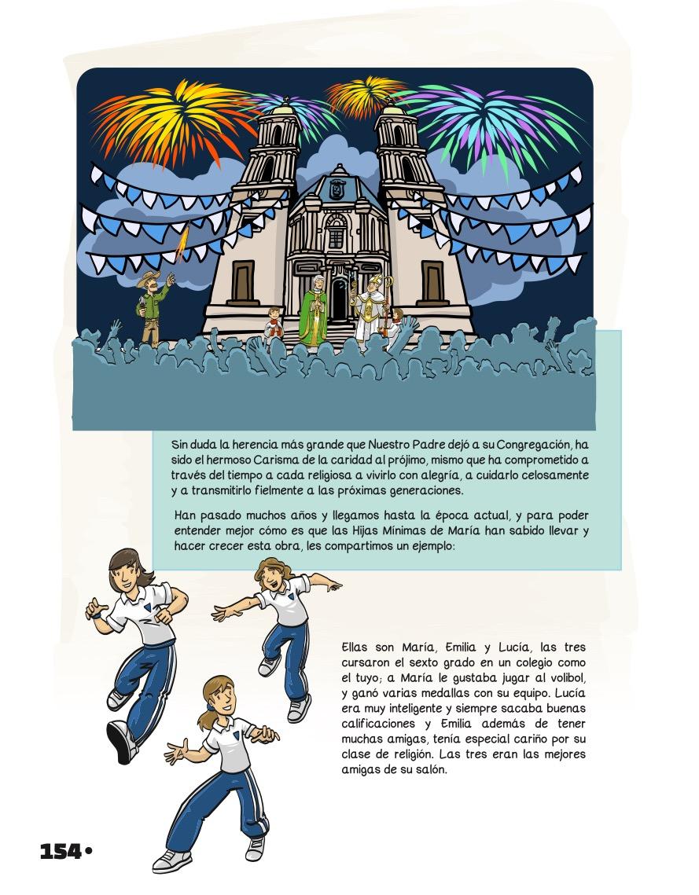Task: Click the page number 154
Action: point(61,851)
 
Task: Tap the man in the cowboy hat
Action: point(153,306)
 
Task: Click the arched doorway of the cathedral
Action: point(339,299)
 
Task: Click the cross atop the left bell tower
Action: point(285,99)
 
